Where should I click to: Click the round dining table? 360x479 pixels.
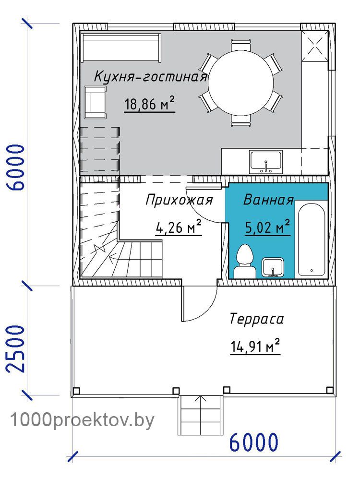[240, 83]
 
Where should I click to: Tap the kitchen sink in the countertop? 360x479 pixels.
[266, 162]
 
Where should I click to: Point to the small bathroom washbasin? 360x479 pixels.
[273, 268]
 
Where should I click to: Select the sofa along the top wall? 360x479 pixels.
[121, 48]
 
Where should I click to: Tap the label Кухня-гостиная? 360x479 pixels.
[150, 76]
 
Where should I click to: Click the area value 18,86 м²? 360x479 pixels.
[149, 104]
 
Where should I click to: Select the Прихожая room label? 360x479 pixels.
[179, 201]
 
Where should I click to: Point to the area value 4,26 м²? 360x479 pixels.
[179, 228]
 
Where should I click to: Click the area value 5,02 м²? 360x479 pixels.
[267, 227]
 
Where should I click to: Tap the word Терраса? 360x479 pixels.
[256, 319]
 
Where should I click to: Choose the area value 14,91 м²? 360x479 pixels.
[255, 347]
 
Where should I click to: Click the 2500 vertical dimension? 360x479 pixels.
[15, 348]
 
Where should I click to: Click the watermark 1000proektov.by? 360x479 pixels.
[83, 420]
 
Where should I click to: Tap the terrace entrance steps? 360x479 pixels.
[200, 415]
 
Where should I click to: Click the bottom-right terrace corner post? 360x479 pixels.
[329, 390]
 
